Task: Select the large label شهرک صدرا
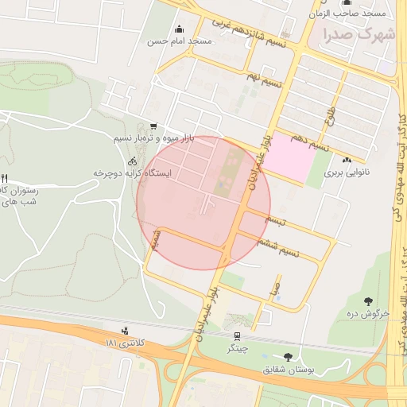tap(359, 35)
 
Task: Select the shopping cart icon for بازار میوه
tap(153, 126)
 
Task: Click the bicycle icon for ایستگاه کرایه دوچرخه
tap(132, 161)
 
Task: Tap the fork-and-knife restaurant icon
tap(4, 178)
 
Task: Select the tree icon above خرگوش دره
tap(369, 300)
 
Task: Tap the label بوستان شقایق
tap(289, 370)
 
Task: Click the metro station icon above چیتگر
tap(238, 335)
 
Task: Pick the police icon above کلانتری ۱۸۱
tap(125, 331)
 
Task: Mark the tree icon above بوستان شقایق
tap(287, 357)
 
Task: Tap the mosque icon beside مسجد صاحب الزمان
tap(344, 2)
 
